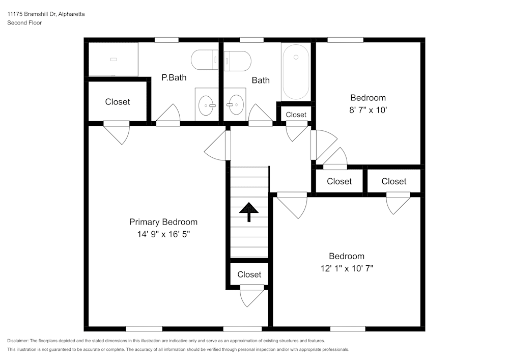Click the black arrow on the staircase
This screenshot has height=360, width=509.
click(x=249, y=211)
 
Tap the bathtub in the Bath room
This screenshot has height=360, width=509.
click(x=296, y=72)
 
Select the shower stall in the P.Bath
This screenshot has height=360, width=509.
click(x=113, y=59)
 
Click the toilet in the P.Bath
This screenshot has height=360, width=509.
click(x=205, y=60)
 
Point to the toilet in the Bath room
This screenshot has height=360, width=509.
click(x=237, y=61)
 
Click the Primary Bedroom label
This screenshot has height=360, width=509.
click(x=163, y=222)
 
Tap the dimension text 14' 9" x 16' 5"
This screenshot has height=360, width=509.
click(x=163, y=234)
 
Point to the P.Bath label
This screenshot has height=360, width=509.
click(x=174, y=78)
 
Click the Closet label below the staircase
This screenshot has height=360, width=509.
click(x=249, y=274)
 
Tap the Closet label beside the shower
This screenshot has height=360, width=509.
click(x=118, y=102)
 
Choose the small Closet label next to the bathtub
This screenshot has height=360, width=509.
click(x=296, y=115)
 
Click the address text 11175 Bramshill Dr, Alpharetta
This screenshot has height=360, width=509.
click(x=46, y=14)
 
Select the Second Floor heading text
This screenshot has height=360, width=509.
click(x=24, y=23)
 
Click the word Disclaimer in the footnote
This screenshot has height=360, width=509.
click(x=18, y=341)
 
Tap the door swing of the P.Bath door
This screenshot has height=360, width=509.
click(x=168, y=114)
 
